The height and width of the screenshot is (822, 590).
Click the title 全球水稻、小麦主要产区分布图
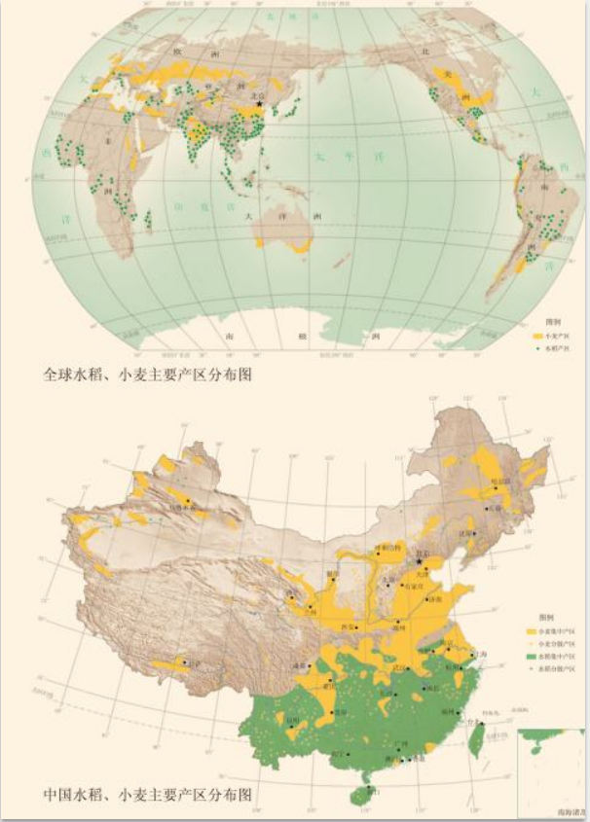(148, 374)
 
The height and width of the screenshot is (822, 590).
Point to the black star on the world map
(260, 103)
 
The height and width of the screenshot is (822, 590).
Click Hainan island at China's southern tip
(362, 795)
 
